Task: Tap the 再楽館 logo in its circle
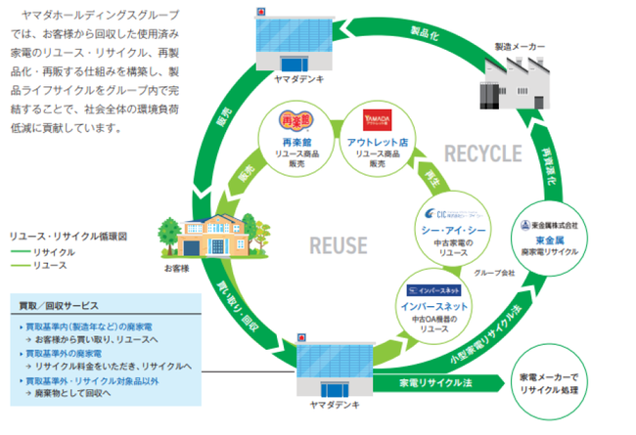pyautogui.click(x=291, y=122)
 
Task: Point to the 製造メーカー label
pyautogui.click(x=520, y=46)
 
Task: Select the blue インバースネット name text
pyautogui.click(x=437, y=306)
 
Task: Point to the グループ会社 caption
pyautogui.click(x=495, y=273)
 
